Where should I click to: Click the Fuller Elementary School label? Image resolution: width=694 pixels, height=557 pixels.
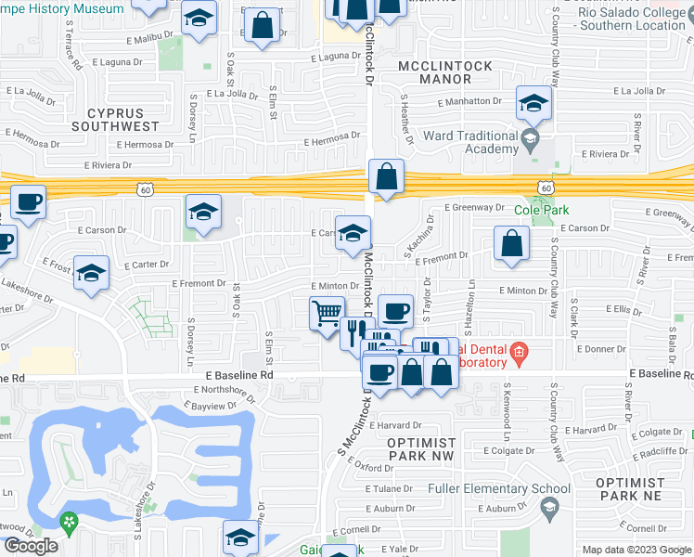coord(499,488)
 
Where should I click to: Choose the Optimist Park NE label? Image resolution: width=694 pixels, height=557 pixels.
coord(630,489)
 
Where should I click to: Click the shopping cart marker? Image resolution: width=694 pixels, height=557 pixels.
coord(327,313)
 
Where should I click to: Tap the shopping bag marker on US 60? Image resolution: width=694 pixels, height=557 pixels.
coord(386,175)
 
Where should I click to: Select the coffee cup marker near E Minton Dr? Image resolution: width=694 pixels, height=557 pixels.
coord(395,310)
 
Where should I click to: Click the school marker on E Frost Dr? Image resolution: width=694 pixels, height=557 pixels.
coord(91,273)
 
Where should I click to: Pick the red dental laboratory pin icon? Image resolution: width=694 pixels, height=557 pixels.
coord(518,350)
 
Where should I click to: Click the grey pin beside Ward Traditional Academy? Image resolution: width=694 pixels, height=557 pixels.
coord(530,141)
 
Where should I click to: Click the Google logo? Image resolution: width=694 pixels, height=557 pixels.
coord(31,547)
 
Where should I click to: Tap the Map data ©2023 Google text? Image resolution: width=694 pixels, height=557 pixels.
coord(636,550)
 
